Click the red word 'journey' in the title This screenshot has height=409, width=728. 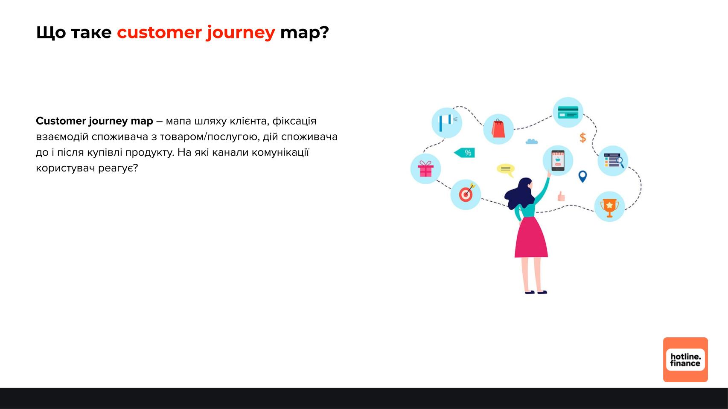[241, 32]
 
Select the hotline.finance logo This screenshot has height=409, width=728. [685, 360]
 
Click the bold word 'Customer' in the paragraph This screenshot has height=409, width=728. [61, 121]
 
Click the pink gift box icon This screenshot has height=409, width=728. [426, 169]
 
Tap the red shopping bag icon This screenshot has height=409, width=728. [498, 129]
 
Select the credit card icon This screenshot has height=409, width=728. [568, 113]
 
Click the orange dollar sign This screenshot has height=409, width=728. [583, 138]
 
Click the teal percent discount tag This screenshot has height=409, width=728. [464, 153]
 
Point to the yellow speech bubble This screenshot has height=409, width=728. [506, 170]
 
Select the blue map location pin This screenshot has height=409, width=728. [583, 177]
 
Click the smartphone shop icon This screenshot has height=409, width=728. [558, 160]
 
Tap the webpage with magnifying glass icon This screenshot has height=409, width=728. [613, 160]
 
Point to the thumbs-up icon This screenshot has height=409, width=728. [561, 196]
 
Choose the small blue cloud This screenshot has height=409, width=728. [532, 141]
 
